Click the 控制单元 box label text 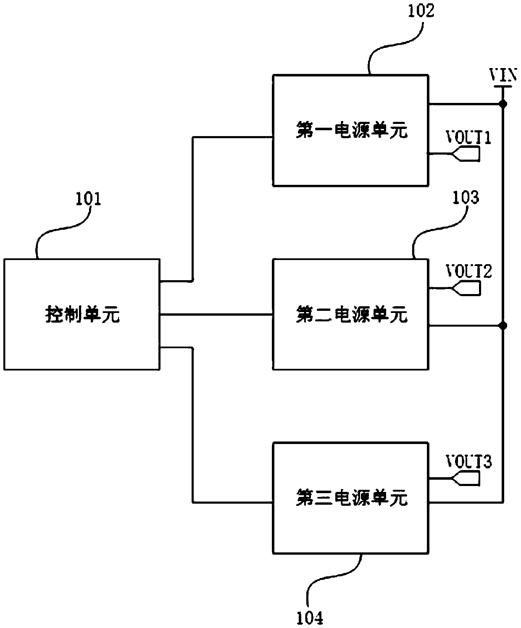pos(82,314)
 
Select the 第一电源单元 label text pos(351,131)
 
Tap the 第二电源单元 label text pos(351,314)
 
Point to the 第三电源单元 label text pos(351,498)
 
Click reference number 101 pos(88,199)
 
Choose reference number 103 pos(465,197)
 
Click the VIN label pos(503,76)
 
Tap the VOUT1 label pos(468,138)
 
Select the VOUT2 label pos(468,272)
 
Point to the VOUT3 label pos(468,462)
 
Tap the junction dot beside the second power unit pos(503,326)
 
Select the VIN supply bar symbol pos(503,87)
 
